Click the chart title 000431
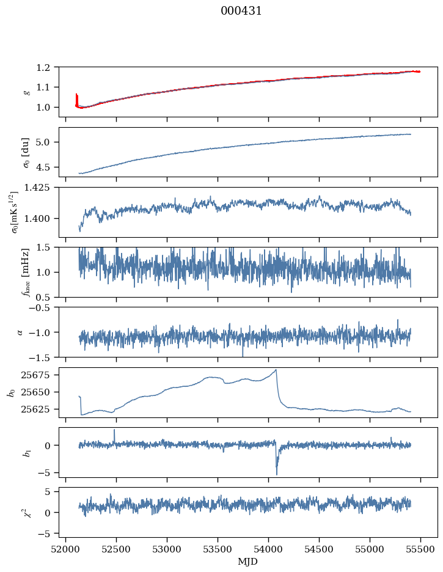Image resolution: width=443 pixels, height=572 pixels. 241,11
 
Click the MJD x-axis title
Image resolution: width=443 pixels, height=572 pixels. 248,562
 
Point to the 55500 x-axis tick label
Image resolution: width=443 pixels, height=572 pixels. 420,549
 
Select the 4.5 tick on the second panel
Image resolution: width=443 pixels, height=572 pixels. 48,167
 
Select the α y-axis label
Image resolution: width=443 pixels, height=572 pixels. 21,332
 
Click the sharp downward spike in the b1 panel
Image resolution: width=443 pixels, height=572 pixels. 277,473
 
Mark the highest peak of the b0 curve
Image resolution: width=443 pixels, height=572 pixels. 276,370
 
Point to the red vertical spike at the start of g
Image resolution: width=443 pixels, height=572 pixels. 76,98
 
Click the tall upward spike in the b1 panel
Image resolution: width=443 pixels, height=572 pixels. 114,430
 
